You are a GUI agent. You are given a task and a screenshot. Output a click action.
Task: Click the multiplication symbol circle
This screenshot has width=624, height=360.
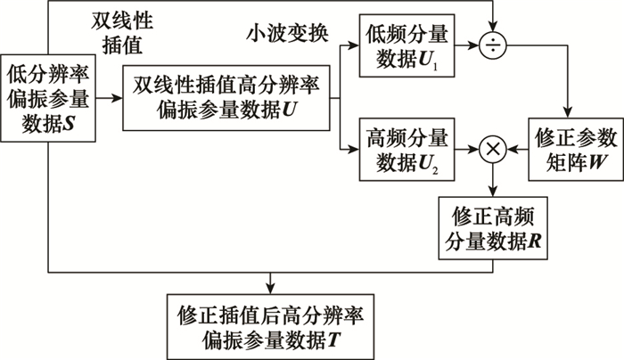[492, 151]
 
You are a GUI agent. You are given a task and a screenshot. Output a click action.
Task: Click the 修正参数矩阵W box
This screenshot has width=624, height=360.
[574, 150]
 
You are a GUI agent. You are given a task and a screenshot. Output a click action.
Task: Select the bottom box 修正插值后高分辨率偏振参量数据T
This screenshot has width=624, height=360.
[269, 327]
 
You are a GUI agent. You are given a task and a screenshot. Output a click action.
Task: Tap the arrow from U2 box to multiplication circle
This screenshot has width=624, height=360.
[466, 151]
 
